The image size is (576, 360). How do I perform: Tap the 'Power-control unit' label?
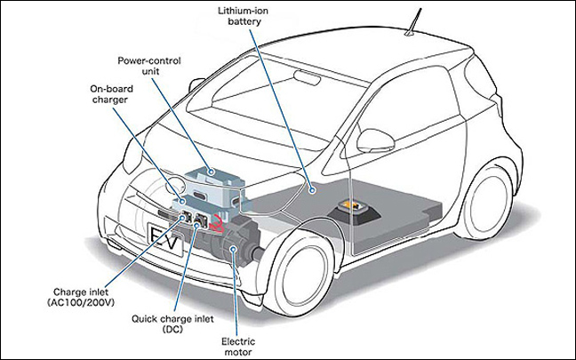click(149, 67)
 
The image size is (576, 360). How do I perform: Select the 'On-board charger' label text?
click(110, 95)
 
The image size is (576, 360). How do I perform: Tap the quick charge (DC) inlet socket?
click(201, 219)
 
